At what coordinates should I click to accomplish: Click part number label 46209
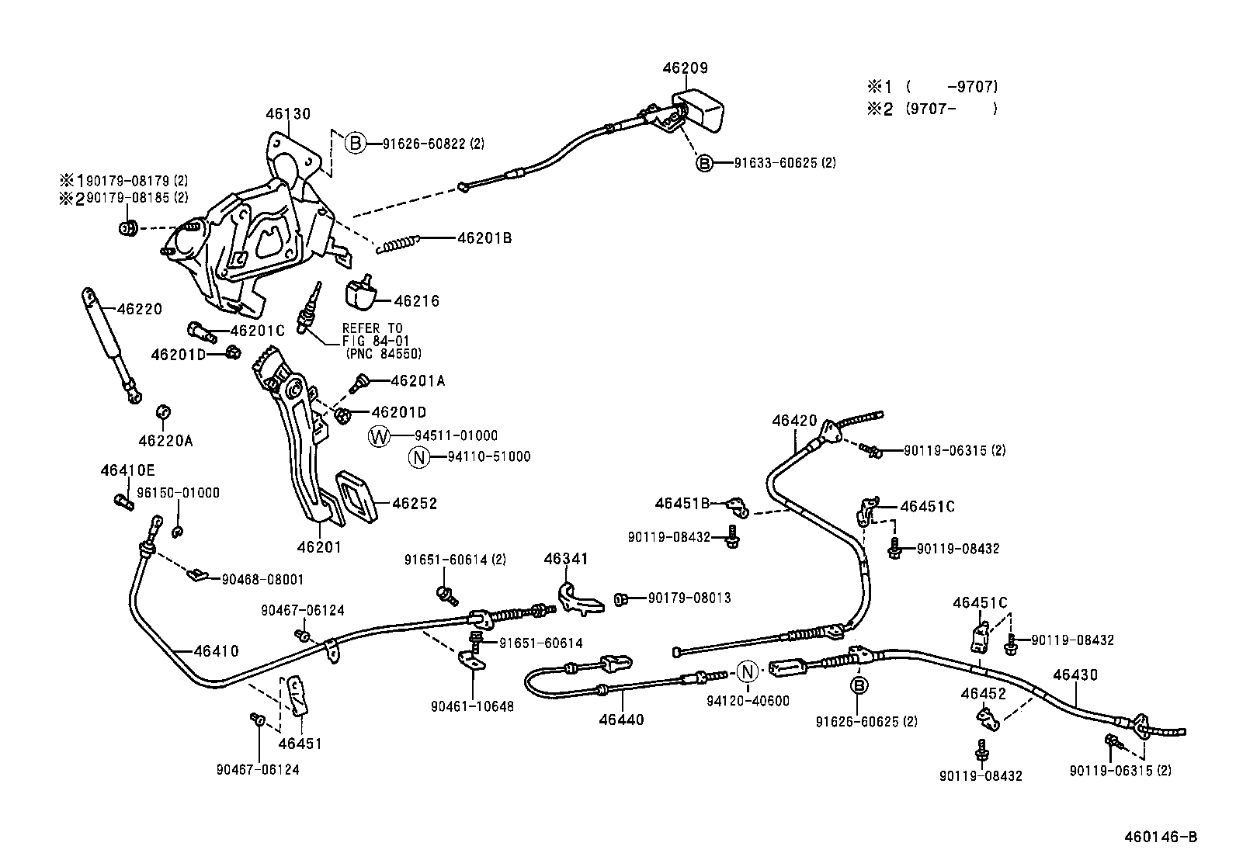(x=685, y=68)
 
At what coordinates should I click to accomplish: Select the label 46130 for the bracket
(x=288, y=114)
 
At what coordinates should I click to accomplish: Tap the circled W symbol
(x=378, y=436)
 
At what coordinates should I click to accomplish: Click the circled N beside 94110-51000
(x=418, y=457)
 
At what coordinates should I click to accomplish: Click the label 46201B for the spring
(x=484, y=238)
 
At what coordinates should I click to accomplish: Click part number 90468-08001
(x=262, y=579)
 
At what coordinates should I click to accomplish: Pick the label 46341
(x=566, y=559)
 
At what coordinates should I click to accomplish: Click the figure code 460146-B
(x=1161, y=837)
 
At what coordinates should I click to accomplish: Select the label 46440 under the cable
(x=621, y=720)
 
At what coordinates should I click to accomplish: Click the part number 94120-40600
(x=748, y=701)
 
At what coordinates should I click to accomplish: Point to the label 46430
(x=1075, y=675)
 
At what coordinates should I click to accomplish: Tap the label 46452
(x=983, y=693)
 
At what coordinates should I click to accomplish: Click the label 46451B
(x=682, y=503)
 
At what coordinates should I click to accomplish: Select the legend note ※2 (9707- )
(x=932, y=109)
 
